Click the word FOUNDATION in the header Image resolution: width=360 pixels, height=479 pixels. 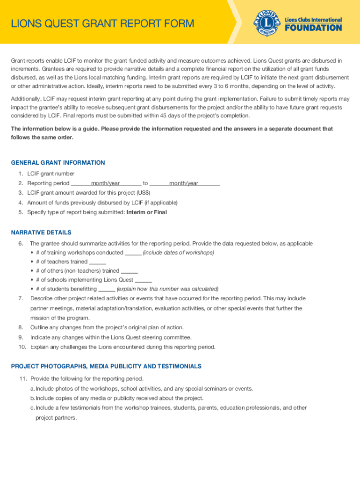click(313, 28)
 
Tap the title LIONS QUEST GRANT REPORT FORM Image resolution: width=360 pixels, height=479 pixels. click(102, 23)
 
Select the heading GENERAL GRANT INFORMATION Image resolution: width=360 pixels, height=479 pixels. click(58, 163)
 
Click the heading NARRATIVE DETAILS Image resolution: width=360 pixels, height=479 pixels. click(41, 232)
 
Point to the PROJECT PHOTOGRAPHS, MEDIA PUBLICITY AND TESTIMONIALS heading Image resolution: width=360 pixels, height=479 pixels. click(106, 366)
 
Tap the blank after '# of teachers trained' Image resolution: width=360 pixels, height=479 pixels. click(97, 262)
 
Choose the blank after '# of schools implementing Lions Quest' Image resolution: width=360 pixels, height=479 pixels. click(143, 280)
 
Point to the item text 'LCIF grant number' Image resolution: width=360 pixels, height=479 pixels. click(50, 174)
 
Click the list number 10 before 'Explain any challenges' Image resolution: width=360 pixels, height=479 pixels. click(22, 347)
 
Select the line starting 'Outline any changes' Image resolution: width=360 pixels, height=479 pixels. click(107, 327)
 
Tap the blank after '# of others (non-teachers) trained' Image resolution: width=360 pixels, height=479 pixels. click(129, 271)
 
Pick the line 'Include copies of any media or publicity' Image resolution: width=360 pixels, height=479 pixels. click(119, 398)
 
